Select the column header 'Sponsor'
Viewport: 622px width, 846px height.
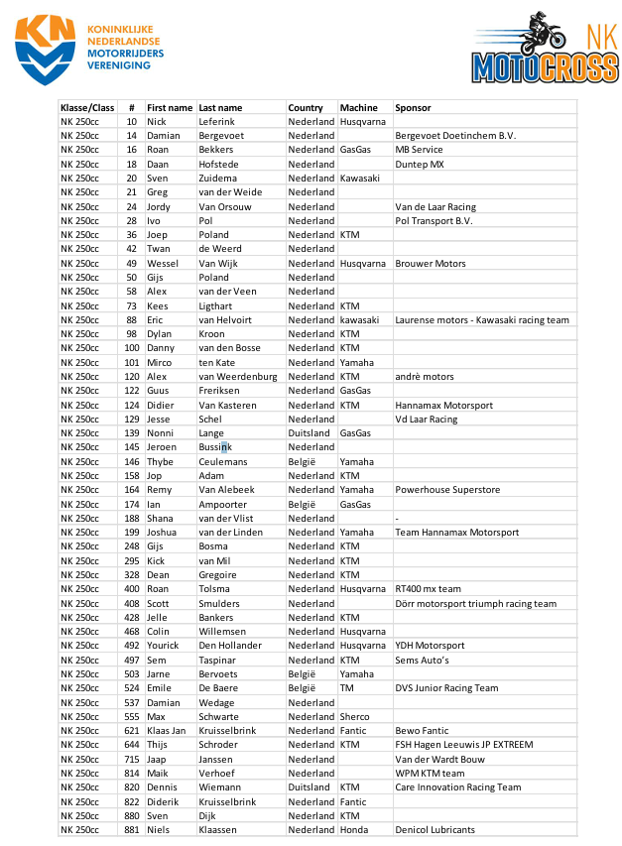(x=413, y=107)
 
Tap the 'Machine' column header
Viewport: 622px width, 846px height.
(x=358, y=107)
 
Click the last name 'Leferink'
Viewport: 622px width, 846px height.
(x=217, y=121)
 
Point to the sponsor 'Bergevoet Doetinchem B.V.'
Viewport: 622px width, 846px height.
(x=455, y=135)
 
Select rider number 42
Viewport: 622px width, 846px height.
(x=131, y=249)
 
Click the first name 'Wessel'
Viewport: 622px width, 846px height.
(x=163, y=264)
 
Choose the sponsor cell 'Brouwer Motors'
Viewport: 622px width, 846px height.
(x=430, y=264)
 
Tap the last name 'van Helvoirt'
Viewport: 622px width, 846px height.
(x=225, y=320)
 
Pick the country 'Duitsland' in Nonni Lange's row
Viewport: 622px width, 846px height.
(x=310, y=433)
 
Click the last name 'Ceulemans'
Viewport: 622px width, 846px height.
(x=223, y=462)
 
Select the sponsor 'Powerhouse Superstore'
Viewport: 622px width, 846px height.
(x=447, y=490)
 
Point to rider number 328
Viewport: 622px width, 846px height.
(x=131, y=575)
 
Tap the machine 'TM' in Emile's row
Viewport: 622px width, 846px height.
(x=347, y=688)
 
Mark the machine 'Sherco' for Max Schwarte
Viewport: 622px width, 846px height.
(x=354, y=716)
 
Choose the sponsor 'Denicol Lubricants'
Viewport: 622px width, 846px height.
(x=435, y=830)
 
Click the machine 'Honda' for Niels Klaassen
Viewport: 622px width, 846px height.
(x=354, y=830)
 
